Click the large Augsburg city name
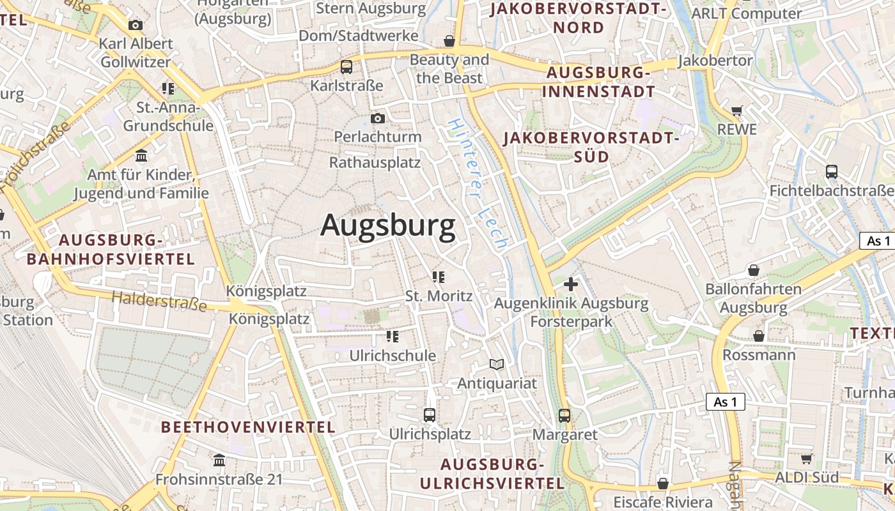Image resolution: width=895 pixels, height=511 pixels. [388, 225]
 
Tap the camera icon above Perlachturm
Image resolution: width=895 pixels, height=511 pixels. [378, 118]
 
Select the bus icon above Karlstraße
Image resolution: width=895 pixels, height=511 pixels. [346, 66]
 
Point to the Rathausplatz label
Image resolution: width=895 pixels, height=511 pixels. [375, 162]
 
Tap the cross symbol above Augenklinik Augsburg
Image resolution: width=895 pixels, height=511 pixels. [571, 284]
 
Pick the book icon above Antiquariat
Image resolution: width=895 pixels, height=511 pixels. [497, 364]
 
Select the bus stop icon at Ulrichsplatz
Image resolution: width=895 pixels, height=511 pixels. [430, 415]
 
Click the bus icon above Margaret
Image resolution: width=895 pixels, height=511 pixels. [564, 416]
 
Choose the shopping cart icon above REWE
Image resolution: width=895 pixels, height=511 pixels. [737, 111]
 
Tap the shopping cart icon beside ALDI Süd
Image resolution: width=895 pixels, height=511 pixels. [807, 459]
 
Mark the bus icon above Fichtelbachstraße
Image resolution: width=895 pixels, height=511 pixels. [832, 171]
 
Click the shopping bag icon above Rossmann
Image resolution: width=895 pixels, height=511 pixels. [759, 335]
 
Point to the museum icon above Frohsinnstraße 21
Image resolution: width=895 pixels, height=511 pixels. [219, 460]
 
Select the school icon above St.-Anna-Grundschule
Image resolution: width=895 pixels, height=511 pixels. [168, 88]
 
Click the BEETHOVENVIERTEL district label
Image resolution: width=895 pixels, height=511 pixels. [248, 427]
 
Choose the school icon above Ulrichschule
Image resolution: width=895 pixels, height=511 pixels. [393, 336]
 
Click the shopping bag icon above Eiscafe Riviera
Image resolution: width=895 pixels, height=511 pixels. [663, 483]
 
